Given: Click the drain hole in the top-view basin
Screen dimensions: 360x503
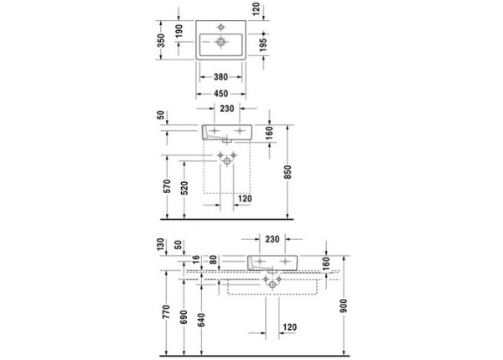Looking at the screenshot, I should click(x=221, y=41).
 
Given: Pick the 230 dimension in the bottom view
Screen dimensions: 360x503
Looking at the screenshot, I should click(x=272, y=239).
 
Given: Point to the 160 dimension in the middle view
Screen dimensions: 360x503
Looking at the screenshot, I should click(x=271, y=132).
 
